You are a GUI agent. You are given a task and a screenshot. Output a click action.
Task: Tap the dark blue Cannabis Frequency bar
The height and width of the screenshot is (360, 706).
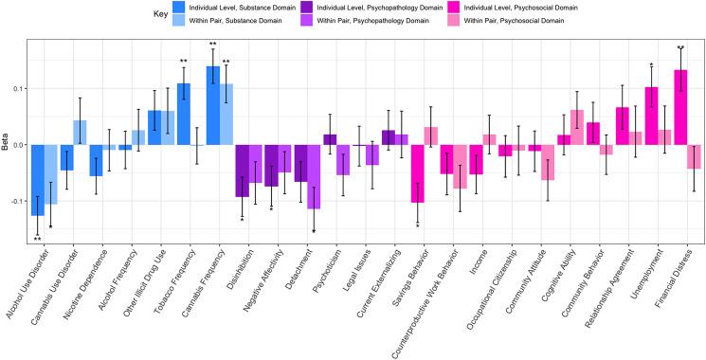tap(213, 105)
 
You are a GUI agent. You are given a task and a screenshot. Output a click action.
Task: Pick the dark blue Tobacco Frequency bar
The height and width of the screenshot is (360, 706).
tap(184, 114)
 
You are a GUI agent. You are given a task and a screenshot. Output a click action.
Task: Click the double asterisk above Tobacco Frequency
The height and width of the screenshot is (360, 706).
tap(184, 63)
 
